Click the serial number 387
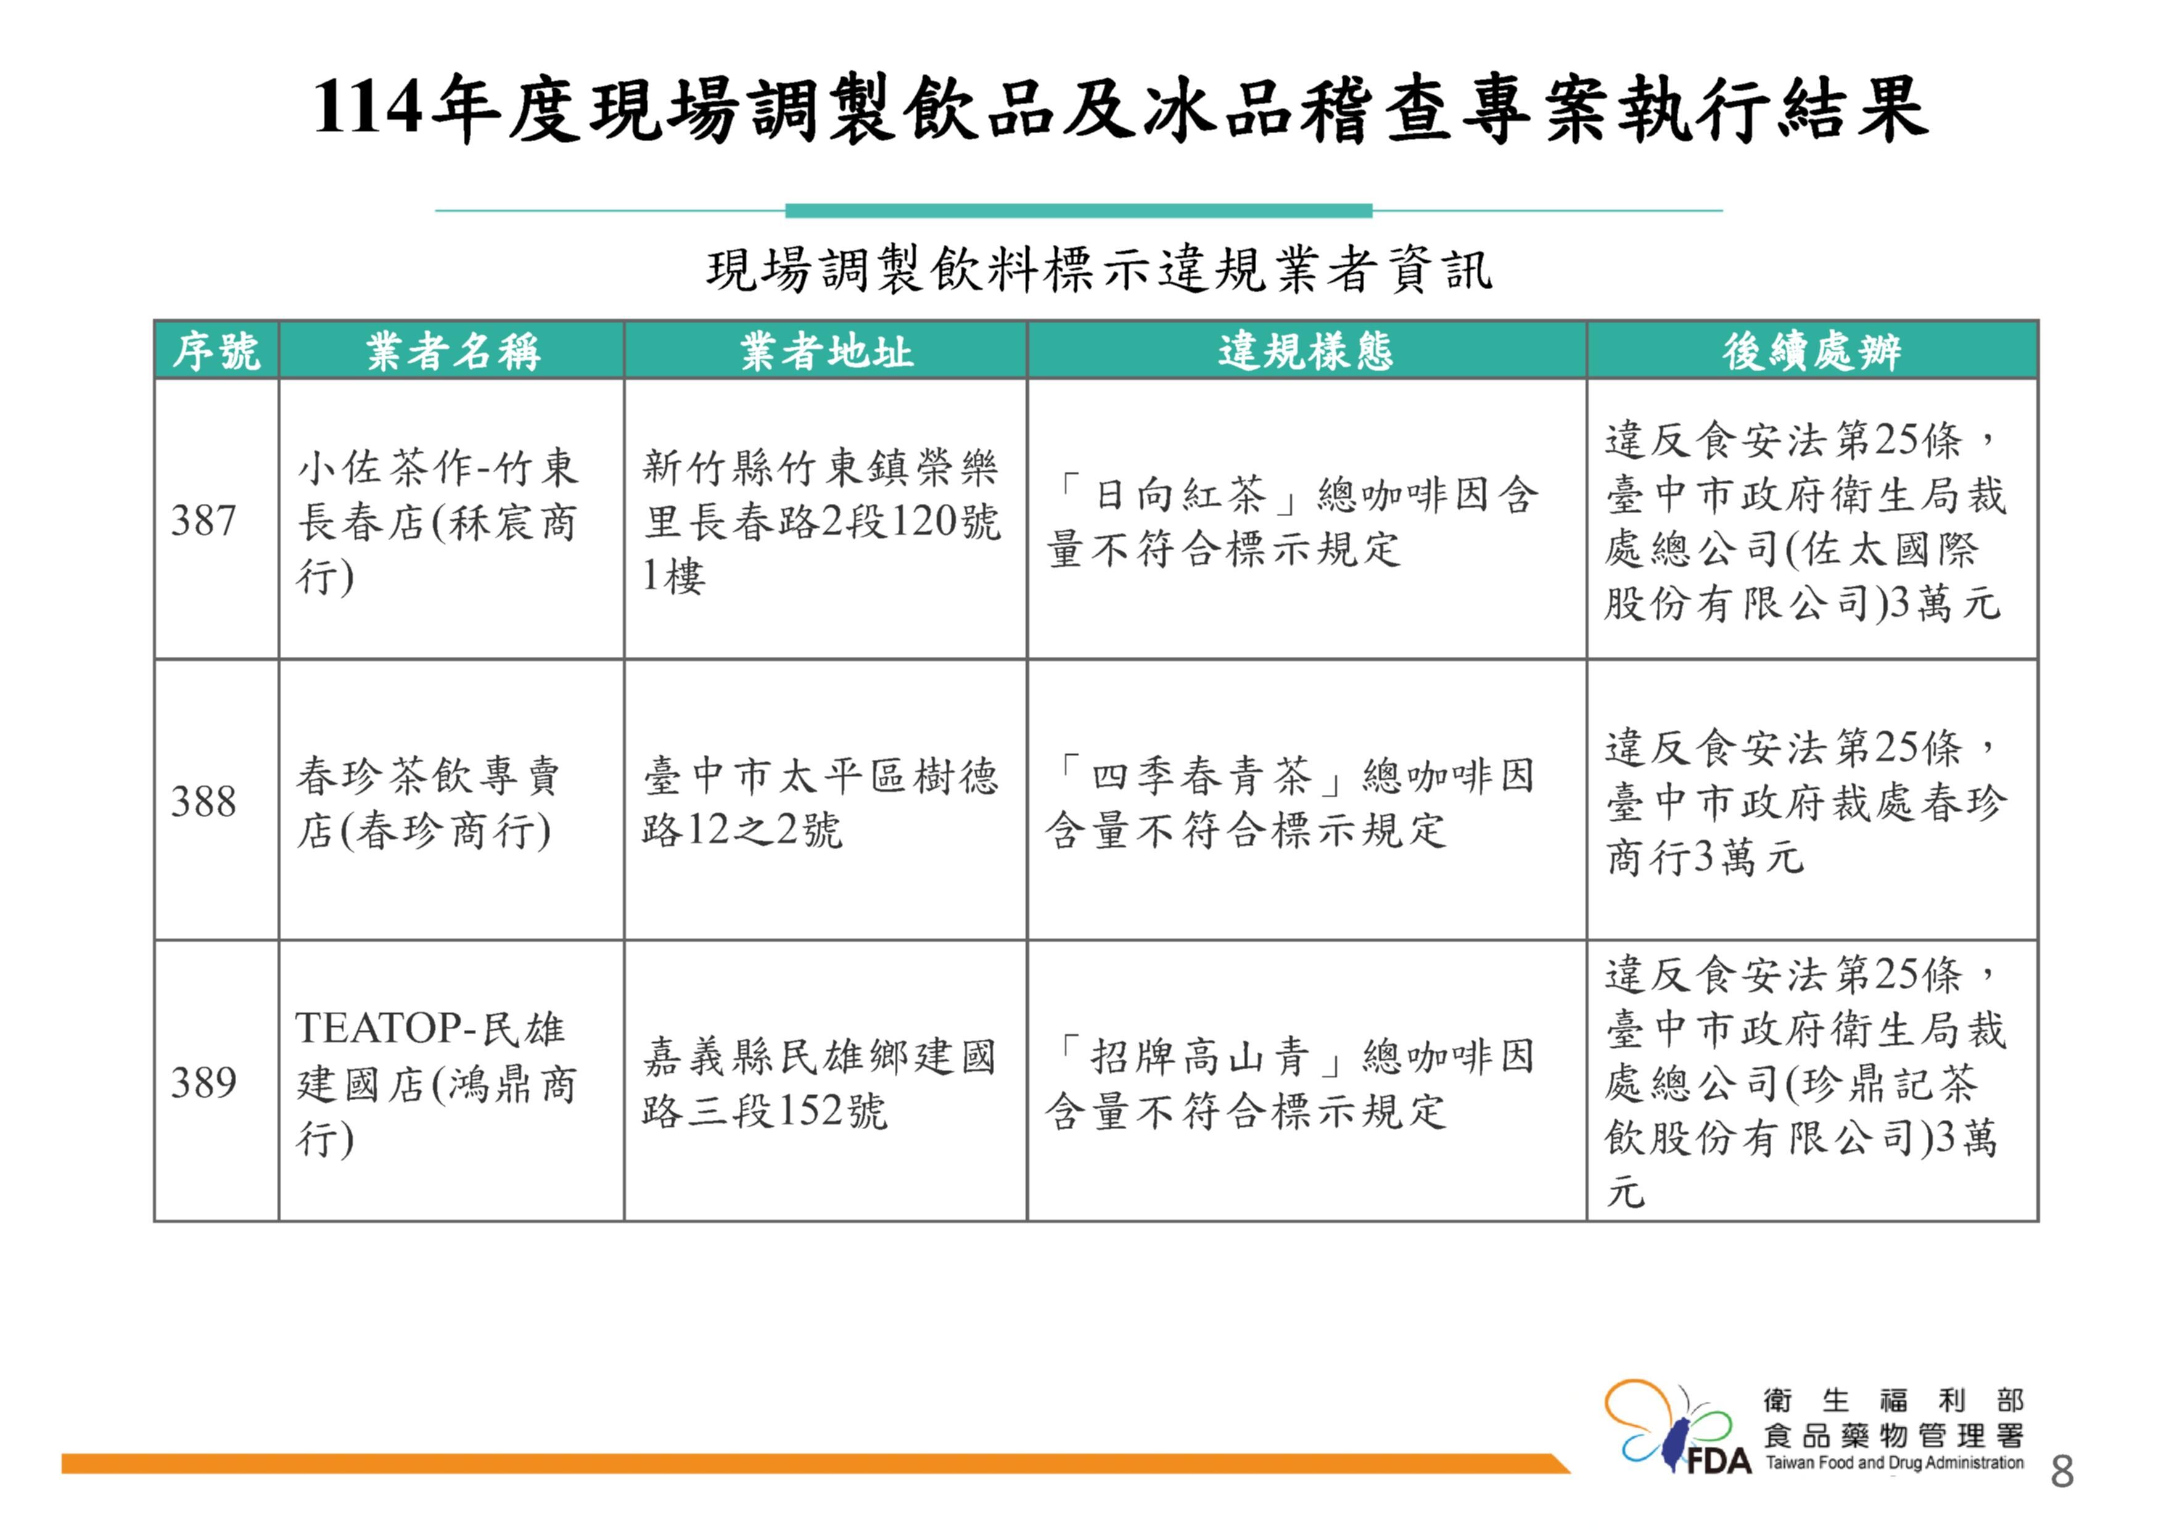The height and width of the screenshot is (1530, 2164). coord(203,520)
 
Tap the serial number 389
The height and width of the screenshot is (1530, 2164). coord(203,1082)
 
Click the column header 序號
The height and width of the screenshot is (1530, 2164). coord(216,352)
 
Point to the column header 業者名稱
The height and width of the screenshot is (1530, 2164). coord(453,352)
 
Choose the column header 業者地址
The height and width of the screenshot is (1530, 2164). coord(826,352)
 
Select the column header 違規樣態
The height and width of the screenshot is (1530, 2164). coord(1306,352)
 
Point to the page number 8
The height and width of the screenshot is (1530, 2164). coord(2061,1471)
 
